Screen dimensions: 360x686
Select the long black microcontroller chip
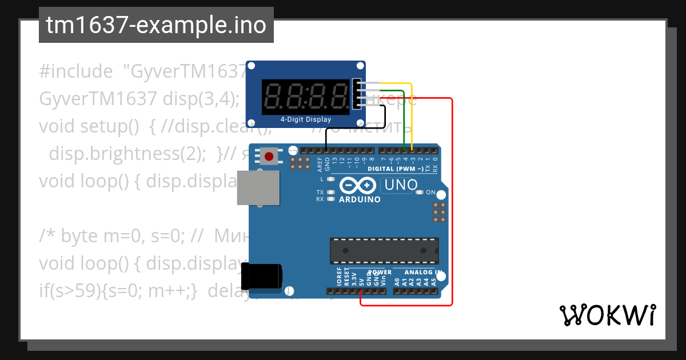click(384, 251)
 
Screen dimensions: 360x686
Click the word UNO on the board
click(401, 185)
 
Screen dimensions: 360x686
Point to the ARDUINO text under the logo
click(360, 199)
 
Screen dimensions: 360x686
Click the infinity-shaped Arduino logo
click(358, 186)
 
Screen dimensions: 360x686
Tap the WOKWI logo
click(607, 315)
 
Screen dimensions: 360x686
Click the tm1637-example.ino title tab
click(156, 26)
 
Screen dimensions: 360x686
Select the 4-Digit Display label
click(305, 119)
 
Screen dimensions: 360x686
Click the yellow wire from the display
click(412, 114)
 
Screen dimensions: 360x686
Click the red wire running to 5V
click(452, 200)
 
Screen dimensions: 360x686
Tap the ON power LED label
click(430, 192)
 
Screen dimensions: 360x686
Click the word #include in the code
click(76, 71)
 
